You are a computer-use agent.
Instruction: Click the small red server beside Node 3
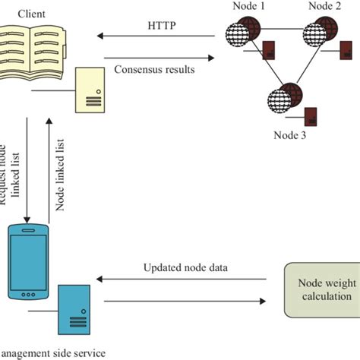310,117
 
